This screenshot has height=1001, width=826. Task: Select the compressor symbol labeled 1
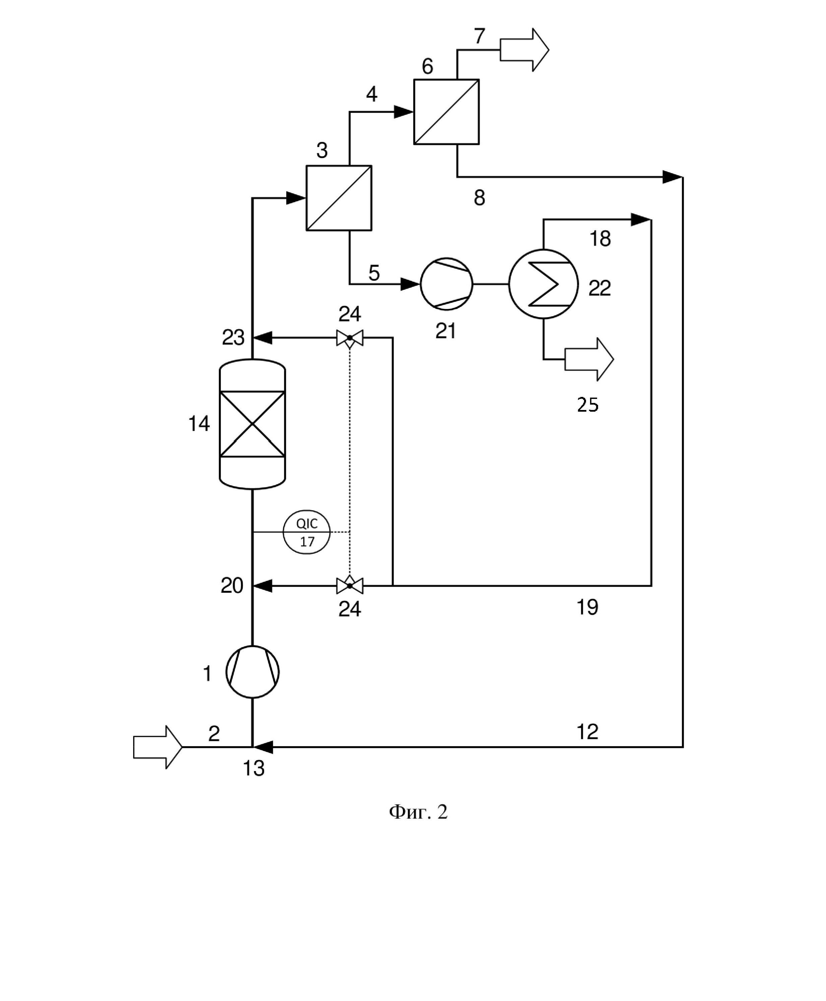tap(252, 672)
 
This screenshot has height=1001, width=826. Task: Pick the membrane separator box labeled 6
tap(446, 112)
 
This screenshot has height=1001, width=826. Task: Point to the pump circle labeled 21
tap(446, 284)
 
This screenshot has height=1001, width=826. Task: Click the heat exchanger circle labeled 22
tap(543, 284)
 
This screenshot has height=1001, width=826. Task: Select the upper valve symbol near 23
tap(350, 338)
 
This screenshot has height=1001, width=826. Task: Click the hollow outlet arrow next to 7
tap(524, 50)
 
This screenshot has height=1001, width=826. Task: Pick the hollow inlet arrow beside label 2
tap(158, 747)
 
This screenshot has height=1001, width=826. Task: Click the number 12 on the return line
tap(587, 732)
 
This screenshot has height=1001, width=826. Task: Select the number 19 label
tap(587, 607)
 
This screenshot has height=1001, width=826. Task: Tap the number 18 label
tap(600, 239)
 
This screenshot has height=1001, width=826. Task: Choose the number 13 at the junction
tap(254, 768)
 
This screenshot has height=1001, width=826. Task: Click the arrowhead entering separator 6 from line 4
tap(404, 112)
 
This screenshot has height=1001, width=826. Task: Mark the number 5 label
tap(374, 273)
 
